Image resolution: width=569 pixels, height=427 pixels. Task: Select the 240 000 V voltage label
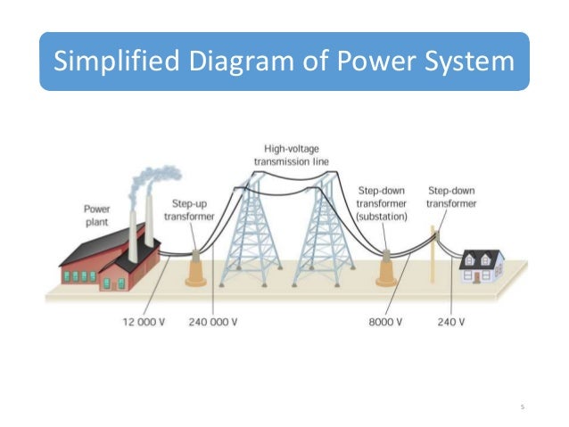click(213, 320)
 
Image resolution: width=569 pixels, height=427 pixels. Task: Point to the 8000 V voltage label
click(385, 320)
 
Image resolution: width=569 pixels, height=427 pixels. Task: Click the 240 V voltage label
click(451, 320)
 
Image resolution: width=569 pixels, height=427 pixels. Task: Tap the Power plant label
click(97, 215)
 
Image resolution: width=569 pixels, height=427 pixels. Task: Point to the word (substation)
click(381, 216)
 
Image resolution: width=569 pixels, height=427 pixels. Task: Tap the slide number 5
click(523, 407)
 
